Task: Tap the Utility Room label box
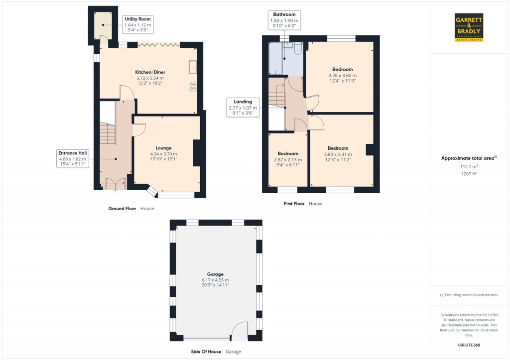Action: click(138, 24)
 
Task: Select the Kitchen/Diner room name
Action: click(149, 72)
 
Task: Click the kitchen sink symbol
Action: click(193, 66)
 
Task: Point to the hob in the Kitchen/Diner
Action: click(193, 86)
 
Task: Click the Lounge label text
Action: click(163, 148)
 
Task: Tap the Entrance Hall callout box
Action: click(72, 159)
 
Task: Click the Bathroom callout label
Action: click(284, 21)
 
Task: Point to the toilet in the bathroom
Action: click(297, 48)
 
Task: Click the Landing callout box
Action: click(243, 108)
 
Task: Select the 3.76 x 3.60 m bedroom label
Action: click(342, 75)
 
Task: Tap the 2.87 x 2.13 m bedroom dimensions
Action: click(288, 159)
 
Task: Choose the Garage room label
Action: click(215, 274)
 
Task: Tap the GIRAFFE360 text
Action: click(469, 345)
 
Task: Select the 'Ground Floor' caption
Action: click(122, 209)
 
